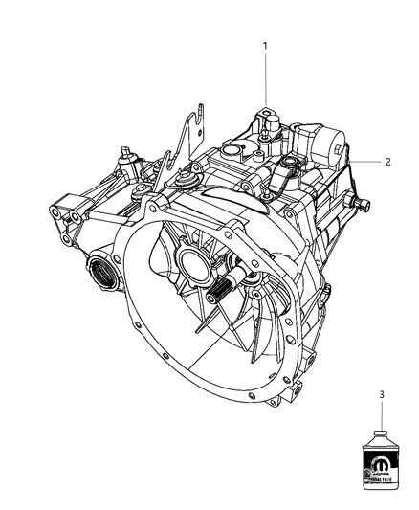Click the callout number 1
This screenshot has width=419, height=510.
pyautogui.click(x=266, y=45)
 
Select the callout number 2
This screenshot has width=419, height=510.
pyautogui.click(x=388, y=162)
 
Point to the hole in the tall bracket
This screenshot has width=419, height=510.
pyautogui.click(x=197, y=117)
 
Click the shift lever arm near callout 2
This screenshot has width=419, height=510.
pyautogui.click(x=285, y=172)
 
